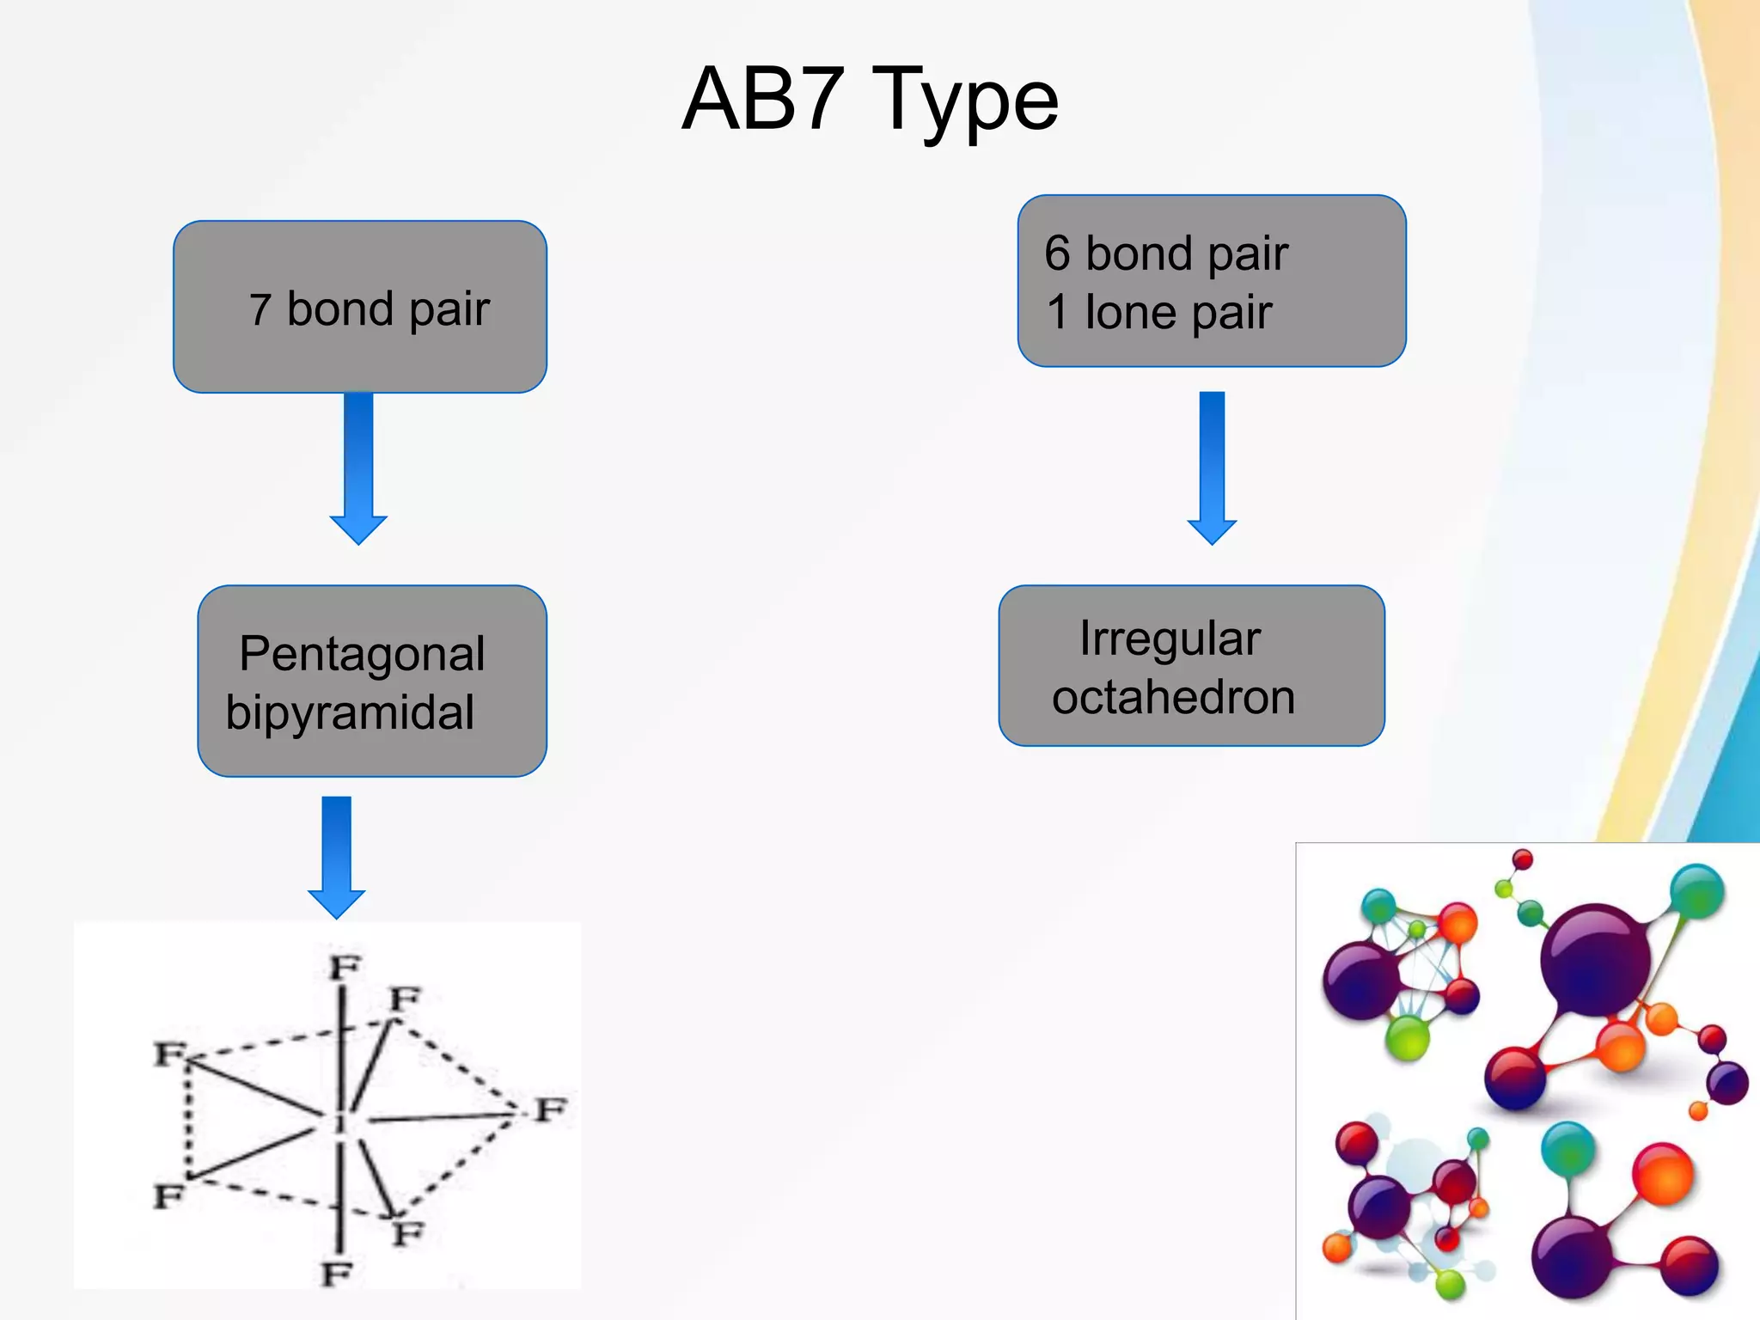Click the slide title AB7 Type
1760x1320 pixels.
[870, 100]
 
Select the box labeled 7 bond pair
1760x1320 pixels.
[360, 307]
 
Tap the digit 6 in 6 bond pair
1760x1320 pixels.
[1058, 254]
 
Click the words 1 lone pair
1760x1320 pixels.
[1158, 312]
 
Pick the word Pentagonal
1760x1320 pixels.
[362, 654]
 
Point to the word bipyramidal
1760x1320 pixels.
[350, 712]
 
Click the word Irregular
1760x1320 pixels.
[1170, 639]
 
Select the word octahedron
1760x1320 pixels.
[1173, 697]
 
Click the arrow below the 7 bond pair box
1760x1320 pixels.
[358, 468]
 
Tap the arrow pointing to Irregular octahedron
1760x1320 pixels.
[1212, 468]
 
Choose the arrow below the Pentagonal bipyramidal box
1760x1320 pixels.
[336, 857]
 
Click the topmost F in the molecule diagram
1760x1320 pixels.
[345, 968]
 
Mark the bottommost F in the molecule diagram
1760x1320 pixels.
[337, 1274]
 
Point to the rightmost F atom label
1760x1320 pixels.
[551, 1109]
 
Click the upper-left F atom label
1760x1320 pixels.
[168, 1053]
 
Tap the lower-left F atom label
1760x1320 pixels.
[168, 1195]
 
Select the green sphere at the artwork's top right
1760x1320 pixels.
[1696, 891]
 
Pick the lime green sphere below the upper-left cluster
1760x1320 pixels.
[1408, 1037]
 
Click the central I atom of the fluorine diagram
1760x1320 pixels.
[340, 1120]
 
